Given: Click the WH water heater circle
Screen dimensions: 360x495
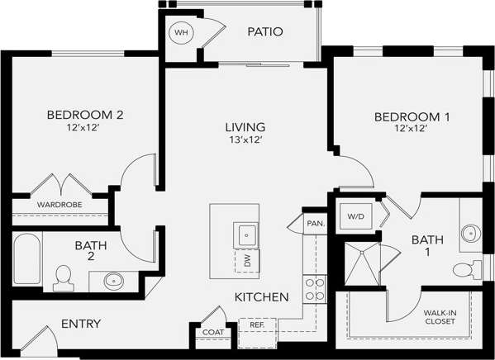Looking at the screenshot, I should coord(180,34).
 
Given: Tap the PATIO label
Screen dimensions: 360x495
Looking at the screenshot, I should coord(264,32).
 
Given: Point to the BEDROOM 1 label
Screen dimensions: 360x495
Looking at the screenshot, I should coord(412,116).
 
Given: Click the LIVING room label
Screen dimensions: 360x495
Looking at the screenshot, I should coord(245,127).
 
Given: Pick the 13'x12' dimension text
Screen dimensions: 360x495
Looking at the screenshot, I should coord(245,140).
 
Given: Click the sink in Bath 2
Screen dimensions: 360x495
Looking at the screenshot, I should coord(115,281).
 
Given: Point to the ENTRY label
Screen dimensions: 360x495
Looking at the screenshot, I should coord(81,324).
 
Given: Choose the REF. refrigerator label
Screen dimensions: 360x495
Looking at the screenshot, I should coord(257,325).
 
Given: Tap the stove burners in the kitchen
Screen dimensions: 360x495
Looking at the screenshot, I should coord(315,288).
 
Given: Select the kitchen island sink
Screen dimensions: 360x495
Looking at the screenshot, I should coord(246,234).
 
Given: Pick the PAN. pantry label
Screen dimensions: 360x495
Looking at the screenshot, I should coord(315,224).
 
